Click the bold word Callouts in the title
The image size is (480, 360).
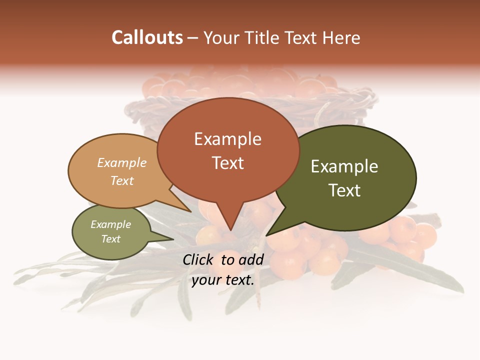[x=147, y=37]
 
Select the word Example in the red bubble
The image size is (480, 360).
[x=227, y=139]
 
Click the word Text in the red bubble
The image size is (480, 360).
[x=227, y=162]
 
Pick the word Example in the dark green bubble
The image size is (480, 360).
[x=344, y=166]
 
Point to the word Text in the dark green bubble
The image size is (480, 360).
[x=344, y=190]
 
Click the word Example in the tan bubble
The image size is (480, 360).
[x=122, y=162]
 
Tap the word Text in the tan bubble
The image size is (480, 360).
[x=122, y=180]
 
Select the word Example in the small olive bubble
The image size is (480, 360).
[x=110, y=224]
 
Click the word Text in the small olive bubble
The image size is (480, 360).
[x=110, y=239]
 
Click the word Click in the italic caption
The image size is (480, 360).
[x=199, y=259]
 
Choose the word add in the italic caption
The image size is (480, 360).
[x=251, y=259]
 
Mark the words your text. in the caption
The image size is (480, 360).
[x=223, y=280]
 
